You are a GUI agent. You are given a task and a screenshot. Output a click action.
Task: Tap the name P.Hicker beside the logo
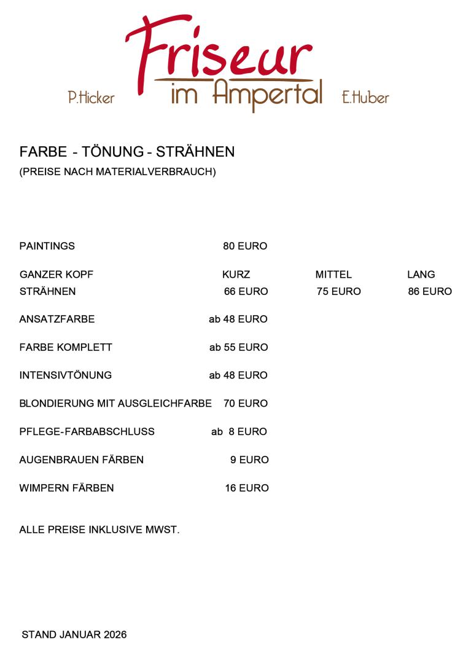point(91,97)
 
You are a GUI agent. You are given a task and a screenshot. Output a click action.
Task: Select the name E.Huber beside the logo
point(365,97)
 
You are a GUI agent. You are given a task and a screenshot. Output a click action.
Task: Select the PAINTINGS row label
point(47,246)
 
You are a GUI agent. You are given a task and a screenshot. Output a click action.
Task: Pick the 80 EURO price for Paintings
point(245,246)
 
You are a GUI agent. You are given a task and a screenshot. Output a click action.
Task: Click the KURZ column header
point(236,275)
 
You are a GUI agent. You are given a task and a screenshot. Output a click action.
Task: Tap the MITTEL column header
point(333,275)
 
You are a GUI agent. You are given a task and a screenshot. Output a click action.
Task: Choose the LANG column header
point(421,275)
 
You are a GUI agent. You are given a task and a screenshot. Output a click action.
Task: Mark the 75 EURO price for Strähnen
point(338,292)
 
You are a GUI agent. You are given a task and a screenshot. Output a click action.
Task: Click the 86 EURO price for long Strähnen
point(430,292)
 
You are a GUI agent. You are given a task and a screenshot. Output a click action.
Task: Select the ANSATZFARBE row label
point(57,319)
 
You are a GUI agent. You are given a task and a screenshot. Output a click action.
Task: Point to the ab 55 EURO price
point(238,348)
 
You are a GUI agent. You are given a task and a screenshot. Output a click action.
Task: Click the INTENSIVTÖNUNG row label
point(66,375)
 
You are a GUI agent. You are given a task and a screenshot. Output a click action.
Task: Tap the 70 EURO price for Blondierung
point(246,404)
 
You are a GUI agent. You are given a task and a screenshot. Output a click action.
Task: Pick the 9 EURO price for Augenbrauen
point(249,460)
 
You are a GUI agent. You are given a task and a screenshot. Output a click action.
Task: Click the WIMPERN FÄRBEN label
point(66,488)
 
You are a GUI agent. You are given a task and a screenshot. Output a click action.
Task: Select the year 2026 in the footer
point(115,635)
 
